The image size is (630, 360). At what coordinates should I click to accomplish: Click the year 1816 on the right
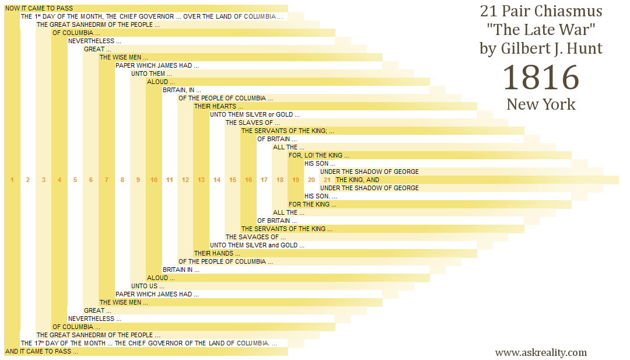click(x=541, y=78)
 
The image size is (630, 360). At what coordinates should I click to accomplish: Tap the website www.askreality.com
click(x=541, y=352)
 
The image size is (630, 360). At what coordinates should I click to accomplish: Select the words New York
click(x=541, y=104)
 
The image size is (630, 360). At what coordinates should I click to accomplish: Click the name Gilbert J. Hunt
click(x=541, y=48)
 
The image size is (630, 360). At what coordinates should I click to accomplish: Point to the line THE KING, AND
click(x=357, y=180)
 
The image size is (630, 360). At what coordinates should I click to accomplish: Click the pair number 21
click(x=327, y=180)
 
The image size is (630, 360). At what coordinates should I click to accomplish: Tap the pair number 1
click(x=12, y=180)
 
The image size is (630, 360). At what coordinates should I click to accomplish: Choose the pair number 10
click(x=154, y=180)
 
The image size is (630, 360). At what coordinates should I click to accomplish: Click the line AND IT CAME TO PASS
click(x=41, y=352)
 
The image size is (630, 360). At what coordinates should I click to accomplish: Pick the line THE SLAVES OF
click(x=253, y=123)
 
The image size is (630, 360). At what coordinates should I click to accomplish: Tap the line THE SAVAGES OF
click(x=256, y=237)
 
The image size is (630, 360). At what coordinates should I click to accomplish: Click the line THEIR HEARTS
click(x=219, y=106)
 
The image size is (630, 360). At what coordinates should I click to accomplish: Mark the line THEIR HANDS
click(x=218, y=254)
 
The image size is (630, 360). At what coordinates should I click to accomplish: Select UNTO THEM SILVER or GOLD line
click(x=255, y=114)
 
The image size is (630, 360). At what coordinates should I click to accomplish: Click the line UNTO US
click(x=148, y=286)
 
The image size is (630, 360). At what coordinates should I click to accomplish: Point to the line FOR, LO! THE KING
click(x=318, y=155)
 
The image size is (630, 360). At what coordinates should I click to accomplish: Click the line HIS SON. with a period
click(x=321, y=197)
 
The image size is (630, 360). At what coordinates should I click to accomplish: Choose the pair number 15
click(x=233, y=180)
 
